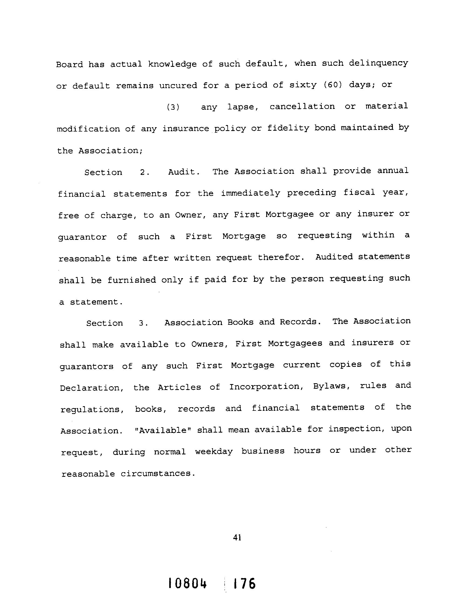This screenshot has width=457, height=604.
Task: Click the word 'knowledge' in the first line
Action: click(x=172, y=64)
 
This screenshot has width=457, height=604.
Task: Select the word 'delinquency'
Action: click(x=378, y=63)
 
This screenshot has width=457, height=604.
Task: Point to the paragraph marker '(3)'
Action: click(x=173, y=107)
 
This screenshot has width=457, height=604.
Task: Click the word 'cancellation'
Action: click(x=302, y=106)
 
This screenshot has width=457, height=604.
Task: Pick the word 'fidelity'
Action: click(x=288, y=128)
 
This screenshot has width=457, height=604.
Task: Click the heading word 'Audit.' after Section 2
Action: click(x=184, y=172)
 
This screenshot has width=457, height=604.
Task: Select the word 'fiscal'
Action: click(x=359, y=192)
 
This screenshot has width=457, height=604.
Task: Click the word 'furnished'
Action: click(x=131, y=280)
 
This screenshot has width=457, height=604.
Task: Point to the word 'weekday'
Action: click(x=214, y=452)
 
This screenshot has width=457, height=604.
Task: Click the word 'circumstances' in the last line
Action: click(x=158, y=474)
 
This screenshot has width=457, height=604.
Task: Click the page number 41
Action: click(x=237, y=537)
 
